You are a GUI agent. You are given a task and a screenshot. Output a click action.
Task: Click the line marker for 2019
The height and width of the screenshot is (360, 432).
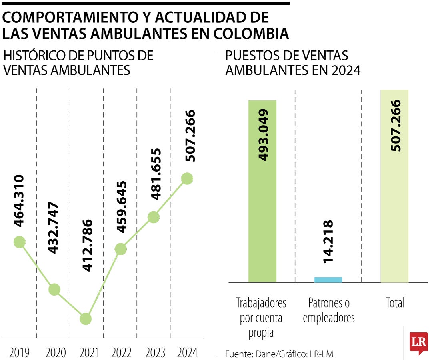tap(19, 242)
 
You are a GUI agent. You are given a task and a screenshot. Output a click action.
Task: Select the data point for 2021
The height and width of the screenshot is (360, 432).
tap(86, 319)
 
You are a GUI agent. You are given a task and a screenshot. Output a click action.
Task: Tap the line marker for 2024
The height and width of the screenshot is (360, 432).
tap(187, 179)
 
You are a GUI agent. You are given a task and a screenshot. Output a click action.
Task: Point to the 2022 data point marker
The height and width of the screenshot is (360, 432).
tap(120, 249)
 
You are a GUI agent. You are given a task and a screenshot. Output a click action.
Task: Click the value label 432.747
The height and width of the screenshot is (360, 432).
tap(53, 228)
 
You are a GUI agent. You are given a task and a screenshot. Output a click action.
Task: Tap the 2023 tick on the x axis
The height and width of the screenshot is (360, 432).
tap(155, 352)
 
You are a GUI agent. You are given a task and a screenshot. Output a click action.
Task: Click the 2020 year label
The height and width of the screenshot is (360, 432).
tap(56, 352)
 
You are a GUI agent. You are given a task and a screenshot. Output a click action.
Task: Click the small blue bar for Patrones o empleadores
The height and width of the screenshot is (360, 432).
tap(328, 280)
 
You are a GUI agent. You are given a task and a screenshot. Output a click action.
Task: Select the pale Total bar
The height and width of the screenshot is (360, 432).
tap(394, 186)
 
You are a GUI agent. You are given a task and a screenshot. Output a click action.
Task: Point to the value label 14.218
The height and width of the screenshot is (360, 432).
tap(328, 241)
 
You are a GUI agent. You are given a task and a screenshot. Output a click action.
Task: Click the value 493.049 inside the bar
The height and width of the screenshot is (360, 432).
tap(263, 135)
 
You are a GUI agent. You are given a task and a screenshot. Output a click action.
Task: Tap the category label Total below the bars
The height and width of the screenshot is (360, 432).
tap(395, 303)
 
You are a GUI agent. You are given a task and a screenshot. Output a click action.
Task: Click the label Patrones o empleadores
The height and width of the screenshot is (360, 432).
tap(329, 310)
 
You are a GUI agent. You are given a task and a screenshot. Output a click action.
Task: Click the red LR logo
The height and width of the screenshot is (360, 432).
tap(418, 343)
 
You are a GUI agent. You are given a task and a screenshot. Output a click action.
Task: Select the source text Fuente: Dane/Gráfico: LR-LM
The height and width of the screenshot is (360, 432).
tap(279, 354)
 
